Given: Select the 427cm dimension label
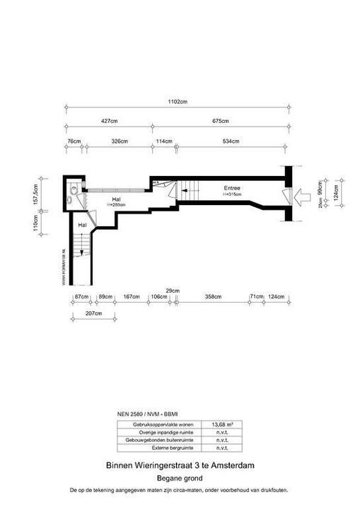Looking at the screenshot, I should [109, 122].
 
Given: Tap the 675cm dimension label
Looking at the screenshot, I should [222, 122].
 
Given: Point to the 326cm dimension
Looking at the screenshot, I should [120, 141].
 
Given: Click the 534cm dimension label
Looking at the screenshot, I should [231, 141].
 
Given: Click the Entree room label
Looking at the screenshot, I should [232, 188].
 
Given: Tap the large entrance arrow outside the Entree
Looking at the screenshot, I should [303, 194].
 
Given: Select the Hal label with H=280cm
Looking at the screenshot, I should [116, 200].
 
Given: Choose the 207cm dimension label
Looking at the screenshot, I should [90, 312].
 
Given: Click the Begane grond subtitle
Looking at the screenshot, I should [180, 478].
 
